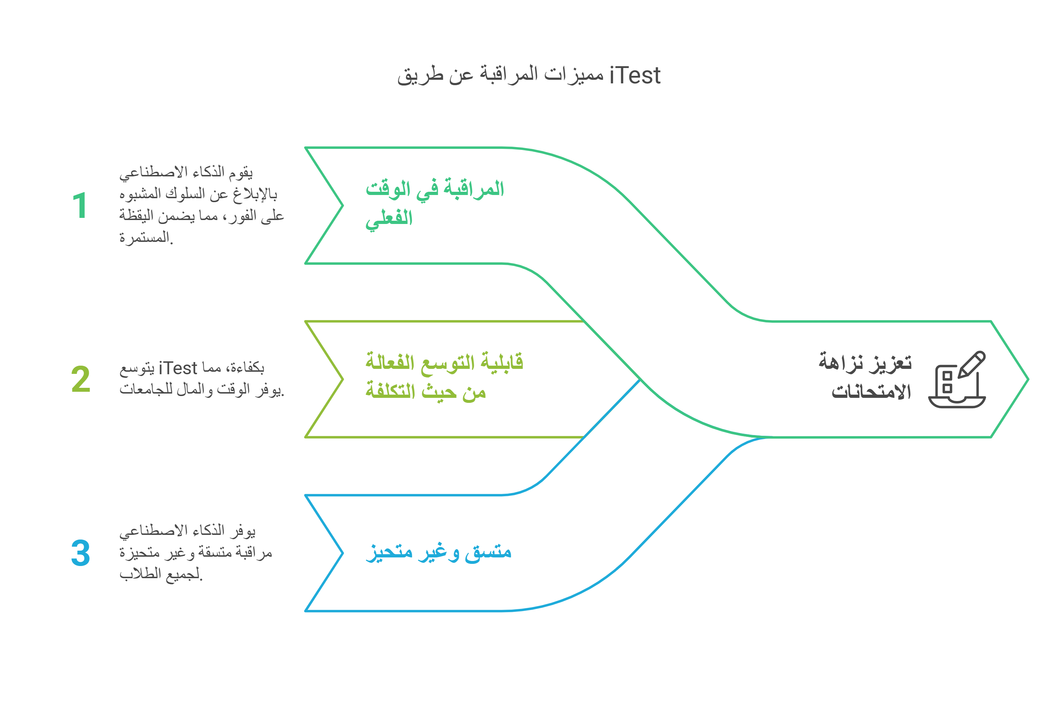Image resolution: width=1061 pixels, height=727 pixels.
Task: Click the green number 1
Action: (x=80, y=205)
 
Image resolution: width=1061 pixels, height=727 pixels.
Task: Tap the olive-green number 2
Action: (x=81, y=379)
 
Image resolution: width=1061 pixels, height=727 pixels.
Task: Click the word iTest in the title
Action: (x=635, y=75)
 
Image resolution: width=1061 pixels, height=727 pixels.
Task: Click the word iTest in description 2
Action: (x=178, y=368)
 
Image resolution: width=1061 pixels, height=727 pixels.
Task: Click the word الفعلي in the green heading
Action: (x=389, y=218)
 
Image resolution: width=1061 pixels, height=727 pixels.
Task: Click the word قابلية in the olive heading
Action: (x=502, y=362)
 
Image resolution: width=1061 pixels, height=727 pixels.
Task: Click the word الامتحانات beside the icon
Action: (x=871, y=391)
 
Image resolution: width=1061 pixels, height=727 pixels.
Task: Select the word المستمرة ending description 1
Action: (x=145, y=238)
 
